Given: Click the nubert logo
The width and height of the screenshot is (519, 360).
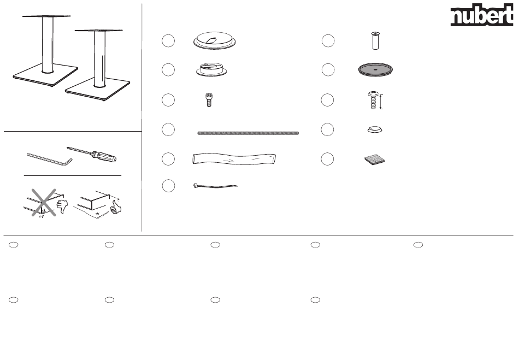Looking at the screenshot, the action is tap(482, 15).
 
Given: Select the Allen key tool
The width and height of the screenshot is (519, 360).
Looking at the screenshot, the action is tap(49, 159).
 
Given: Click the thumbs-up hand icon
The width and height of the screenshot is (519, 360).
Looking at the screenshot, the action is tap(116, 207).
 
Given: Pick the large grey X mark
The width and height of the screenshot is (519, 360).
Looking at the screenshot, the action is tap(44, 203).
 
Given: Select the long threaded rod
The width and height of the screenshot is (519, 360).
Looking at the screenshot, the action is tap(248, 133).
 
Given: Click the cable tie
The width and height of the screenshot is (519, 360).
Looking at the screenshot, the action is tap(215, 186).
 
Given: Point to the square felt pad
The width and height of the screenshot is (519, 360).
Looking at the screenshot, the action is tap(375, 160).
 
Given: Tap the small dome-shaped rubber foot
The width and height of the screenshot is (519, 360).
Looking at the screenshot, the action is tap(375, 129).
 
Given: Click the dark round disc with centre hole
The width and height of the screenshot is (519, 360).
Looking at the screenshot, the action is tap(375, 70).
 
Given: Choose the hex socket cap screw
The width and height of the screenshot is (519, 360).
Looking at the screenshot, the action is tap(209, 99).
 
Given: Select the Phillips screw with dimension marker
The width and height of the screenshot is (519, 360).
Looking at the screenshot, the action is tap(373, 101).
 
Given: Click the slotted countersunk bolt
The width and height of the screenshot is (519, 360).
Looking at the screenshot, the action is tap(375, 41).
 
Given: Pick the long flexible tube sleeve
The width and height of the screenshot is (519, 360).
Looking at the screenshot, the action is tap(234, 159).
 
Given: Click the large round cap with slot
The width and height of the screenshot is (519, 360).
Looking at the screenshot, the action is tap(215, 41).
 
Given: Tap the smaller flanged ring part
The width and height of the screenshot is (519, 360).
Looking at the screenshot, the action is tap(211, 69).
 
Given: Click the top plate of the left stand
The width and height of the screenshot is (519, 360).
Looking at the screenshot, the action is tap(46, 16).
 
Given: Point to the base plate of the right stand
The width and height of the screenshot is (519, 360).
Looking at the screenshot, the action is tap(98, 90).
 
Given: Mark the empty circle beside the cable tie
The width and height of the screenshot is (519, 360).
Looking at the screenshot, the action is tap(168, 186).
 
